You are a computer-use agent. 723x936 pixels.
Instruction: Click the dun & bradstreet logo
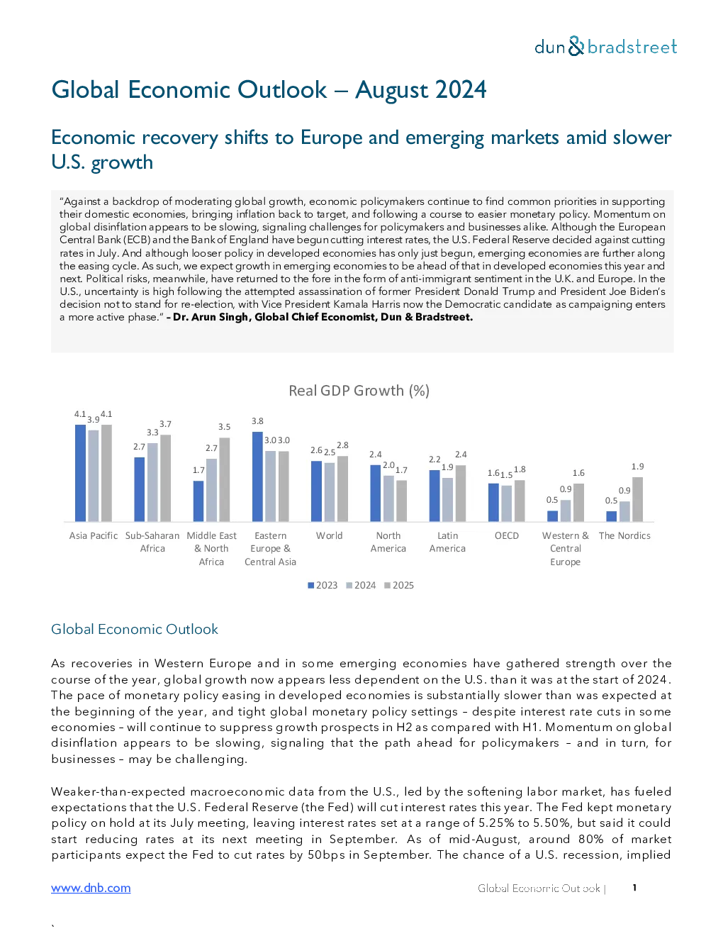coord(605,47)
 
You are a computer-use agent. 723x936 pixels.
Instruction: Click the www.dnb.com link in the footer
coord(91,888)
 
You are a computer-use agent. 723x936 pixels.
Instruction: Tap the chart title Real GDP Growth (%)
coord(359,391)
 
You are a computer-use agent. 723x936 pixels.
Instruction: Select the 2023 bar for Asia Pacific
coord(81,473)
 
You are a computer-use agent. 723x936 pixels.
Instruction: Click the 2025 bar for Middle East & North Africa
coord(225,479)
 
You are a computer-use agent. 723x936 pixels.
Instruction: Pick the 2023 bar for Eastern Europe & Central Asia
coord(257,477)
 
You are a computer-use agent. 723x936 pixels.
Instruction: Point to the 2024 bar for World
coord(330,492)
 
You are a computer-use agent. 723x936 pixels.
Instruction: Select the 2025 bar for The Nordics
coord(638,499)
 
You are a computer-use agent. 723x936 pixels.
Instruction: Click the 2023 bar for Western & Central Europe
coord(552,516)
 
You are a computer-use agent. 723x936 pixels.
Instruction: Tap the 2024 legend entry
coord(361,586)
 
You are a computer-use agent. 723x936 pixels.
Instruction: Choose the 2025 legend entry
coord(399,586)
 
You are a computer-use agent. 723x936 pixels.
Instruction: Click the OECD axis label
coord(507,535)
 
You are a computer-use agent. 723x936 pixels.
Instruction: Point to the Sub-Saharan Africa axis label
coord(152,542)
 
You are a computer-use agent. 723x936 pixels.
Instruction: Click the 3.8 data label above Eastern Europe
coord(257,421)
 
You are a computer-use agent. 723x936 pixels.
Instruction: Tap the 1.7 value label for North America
coord(401,470)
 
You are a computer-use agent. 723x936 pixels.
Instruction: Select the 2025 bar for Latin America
coord(461,494)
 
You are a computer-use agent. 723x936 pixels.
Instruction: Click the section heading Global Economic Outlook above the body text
coord(135,629)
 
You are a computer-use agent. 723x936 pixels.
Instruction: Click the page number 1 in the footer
coord(634,888)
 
